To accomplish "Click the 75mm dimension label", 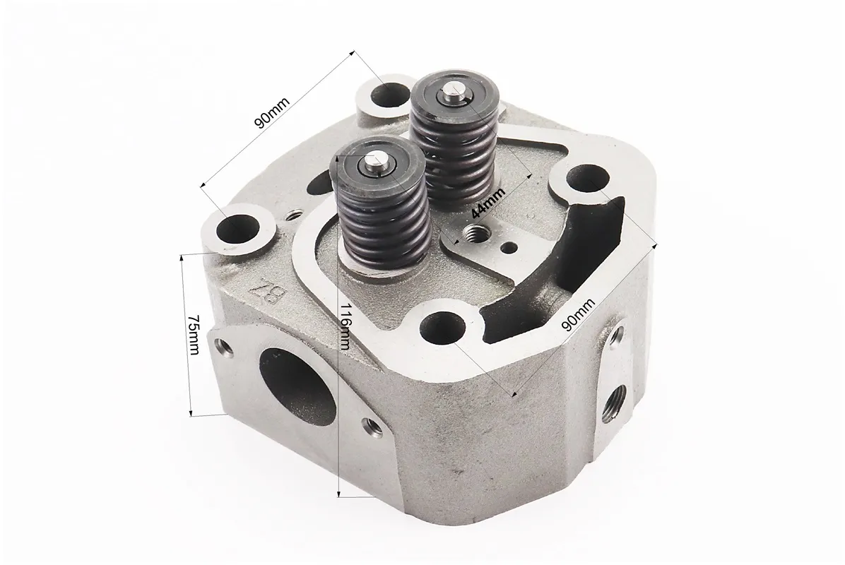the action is [193, 335].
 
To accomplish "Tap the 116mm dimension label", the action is [345, 326].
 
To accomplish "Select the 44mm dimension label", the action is [487, 203].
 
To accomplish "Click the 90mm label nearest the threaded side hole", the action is [578, 314].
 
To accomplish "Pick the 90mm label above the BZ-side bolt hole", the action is [272, 112].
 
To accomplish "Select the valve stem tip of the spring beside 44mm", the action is [453, 94].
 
